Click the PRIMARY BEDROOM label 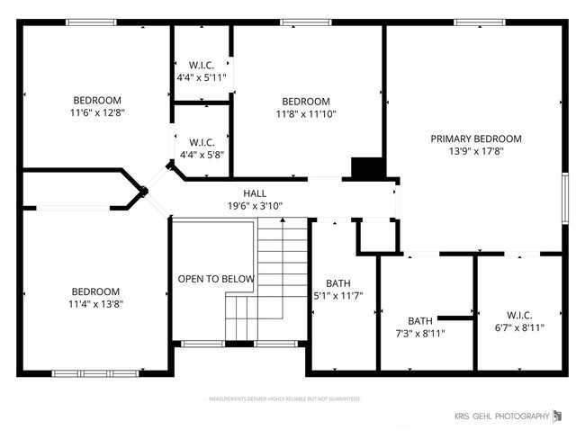(x=476, y=139)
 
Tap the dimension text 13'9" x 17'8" (x=476, y=152)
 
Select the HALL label (x=255, y=193)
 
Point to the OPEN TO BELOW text (x=216, y=279)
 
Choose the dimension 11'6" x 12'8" (x=96, y=113)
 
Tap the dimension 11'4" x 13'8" (x=95, y=304)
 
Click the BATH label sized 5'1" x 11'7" (x=338, y=283)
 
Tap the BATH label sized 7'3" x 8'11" (x=420, y=320)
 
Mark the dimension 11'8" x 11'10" (x=306, y=114)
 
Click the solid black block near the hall (x=367, y=168)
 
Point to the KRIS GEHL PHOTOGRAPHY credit (x=501, y=416)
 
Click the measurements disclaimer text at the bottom (x=284, y=399)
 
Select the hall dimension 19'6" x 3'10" (x=255, y=206)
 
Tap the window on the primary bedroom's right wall (x=565, y=196)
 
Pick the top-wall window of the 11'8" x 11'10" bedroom (x=306, y=22)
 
